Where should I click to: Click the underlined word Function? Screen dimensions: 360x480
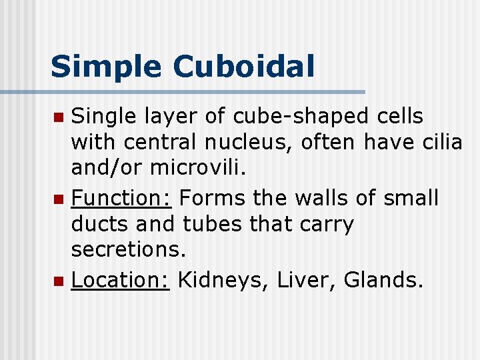point(122,198)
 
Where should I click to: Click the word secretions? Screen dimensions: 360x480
point(127,250)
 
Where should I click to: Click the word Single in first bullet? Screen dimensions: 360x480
point(104,117)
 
